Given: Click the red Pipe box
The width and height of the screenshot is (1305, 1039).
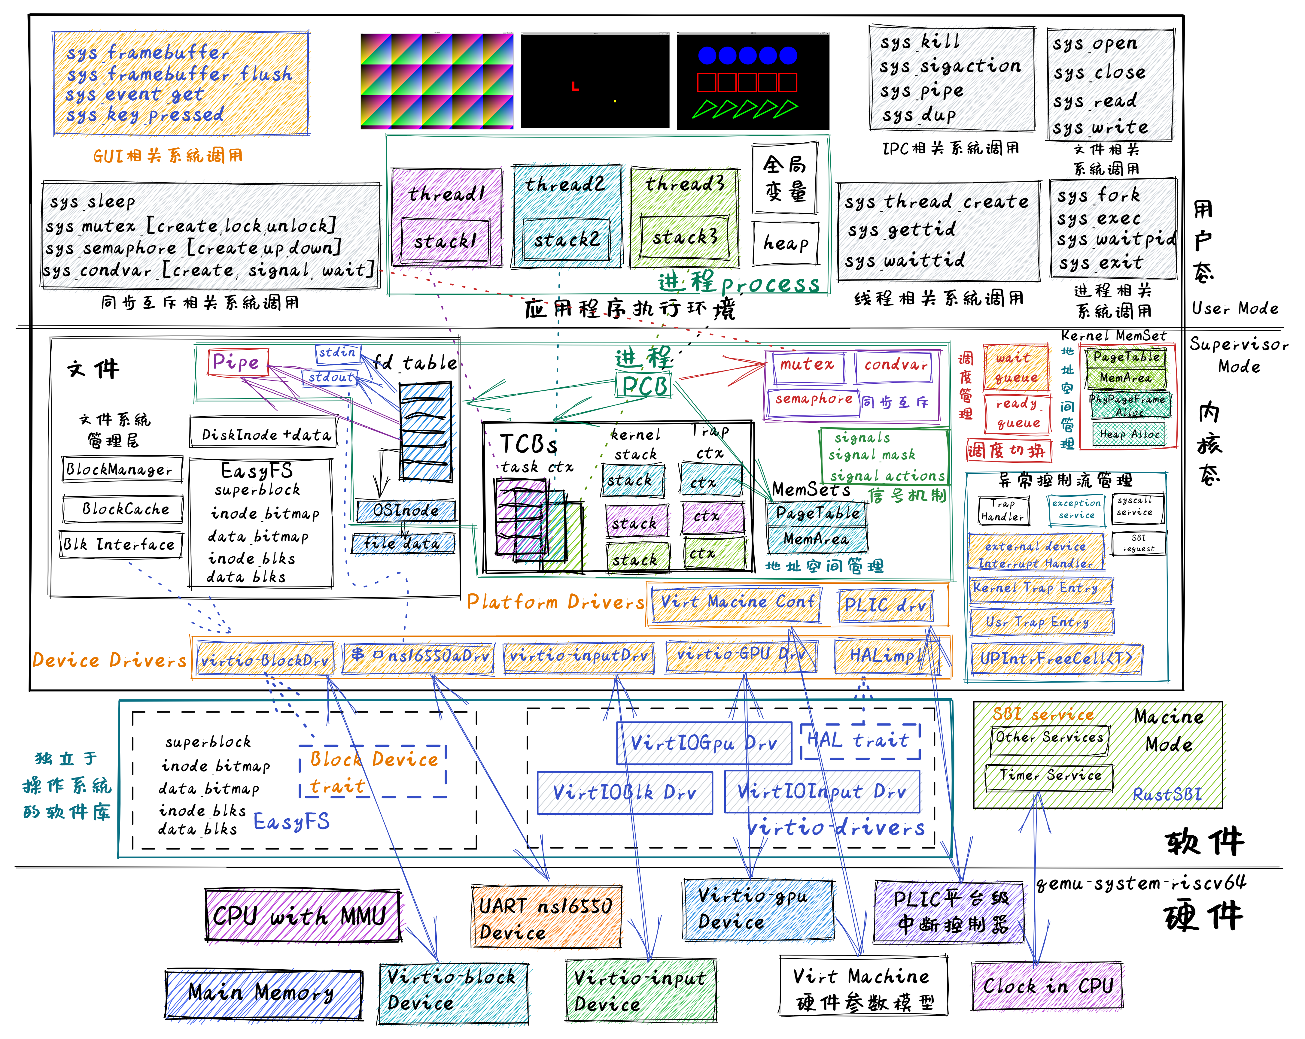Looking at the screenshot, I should (x=237, y=362).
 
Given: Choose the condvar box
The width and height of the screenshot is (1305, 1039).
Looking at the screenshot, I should (x=895, y=365).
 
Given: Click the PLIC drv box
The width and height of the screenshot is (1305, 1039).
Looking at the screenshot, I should (x=885, y=605).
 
